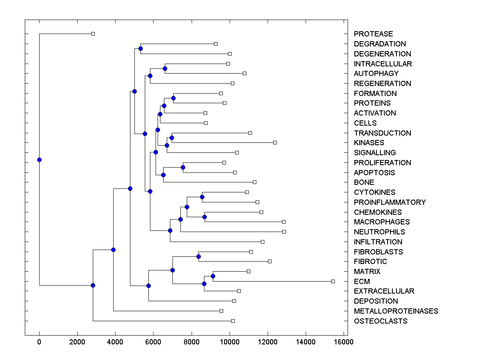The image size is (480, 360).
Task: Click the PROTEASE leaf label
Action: coord(373,34)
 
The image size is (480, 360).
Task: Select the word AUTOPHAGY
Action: coord(376,74)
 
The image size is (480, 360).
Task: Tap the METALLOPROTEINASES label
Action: coord(396,311)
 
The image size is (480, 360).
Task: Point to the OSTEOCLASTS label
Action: coord(380,321)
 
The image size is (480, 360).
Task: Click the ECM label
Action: coord(362,282)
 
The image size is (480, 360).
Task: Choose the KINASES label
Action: coord(369,143)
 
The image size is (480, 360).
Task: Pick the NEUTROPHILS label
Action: coord(379,232)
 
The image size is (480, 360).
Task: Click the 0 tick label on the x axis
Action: coord(39,342)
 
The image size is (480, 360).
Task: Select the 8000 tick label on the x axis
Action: coord(192,342)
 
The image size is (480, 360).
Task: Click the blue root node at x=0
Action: coord(39,160)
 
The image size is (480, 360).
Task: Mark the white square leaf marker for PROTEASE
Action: coord(93,34)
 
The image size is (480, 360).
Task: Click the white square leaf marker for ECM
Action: coord(333,281)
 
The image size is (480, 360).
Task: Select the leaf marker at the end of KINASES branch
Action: coord(275,142)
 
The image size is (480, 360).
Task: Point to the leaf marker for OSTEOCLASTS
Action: coord(233,321)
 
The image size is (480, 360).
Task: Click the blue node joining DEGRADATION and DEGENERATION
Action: coord(140,48)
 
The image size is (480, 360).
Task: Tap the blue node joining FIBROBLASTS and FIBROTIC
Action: coord(198,256)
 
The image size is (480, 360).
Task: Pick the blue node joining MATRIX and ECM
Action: coord(213,276)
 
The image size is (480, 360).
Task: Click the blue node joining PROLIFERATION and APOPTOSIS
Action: coord(183,167)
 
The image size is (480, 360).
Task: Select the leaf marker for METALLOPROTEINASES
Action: coord(221,311)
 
